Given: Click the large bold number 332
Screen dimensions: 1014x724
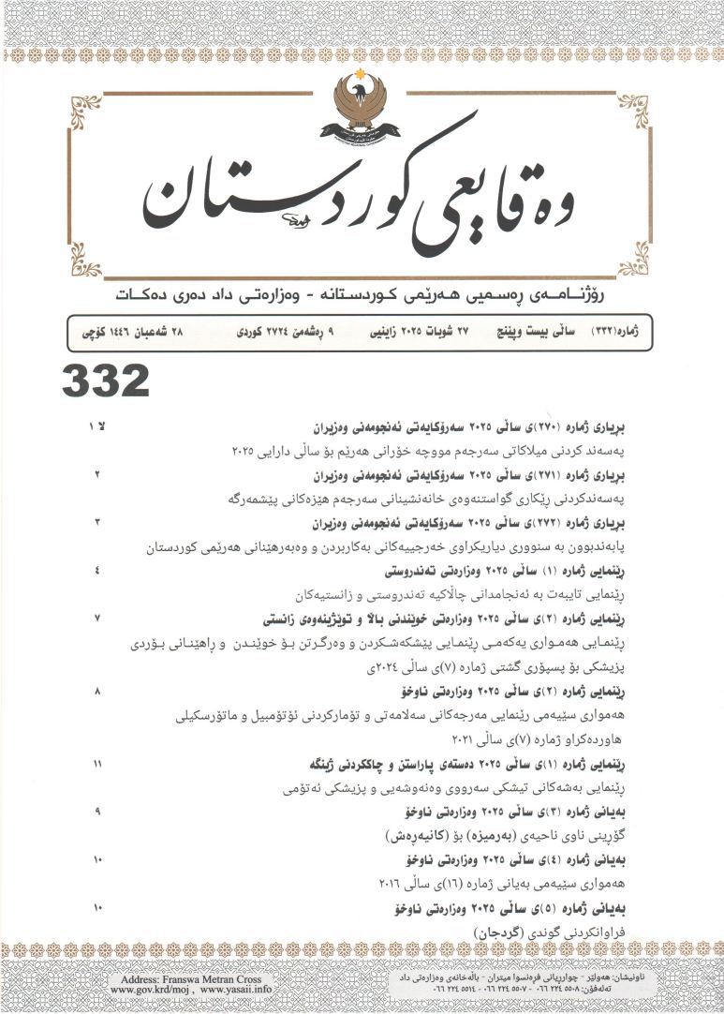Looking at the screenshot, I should pyautogui.click(x=106, y=381).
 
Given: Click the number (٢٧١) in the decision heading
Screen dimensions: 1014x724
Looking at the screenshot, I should pyautogui.click(x=525, y=475).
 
